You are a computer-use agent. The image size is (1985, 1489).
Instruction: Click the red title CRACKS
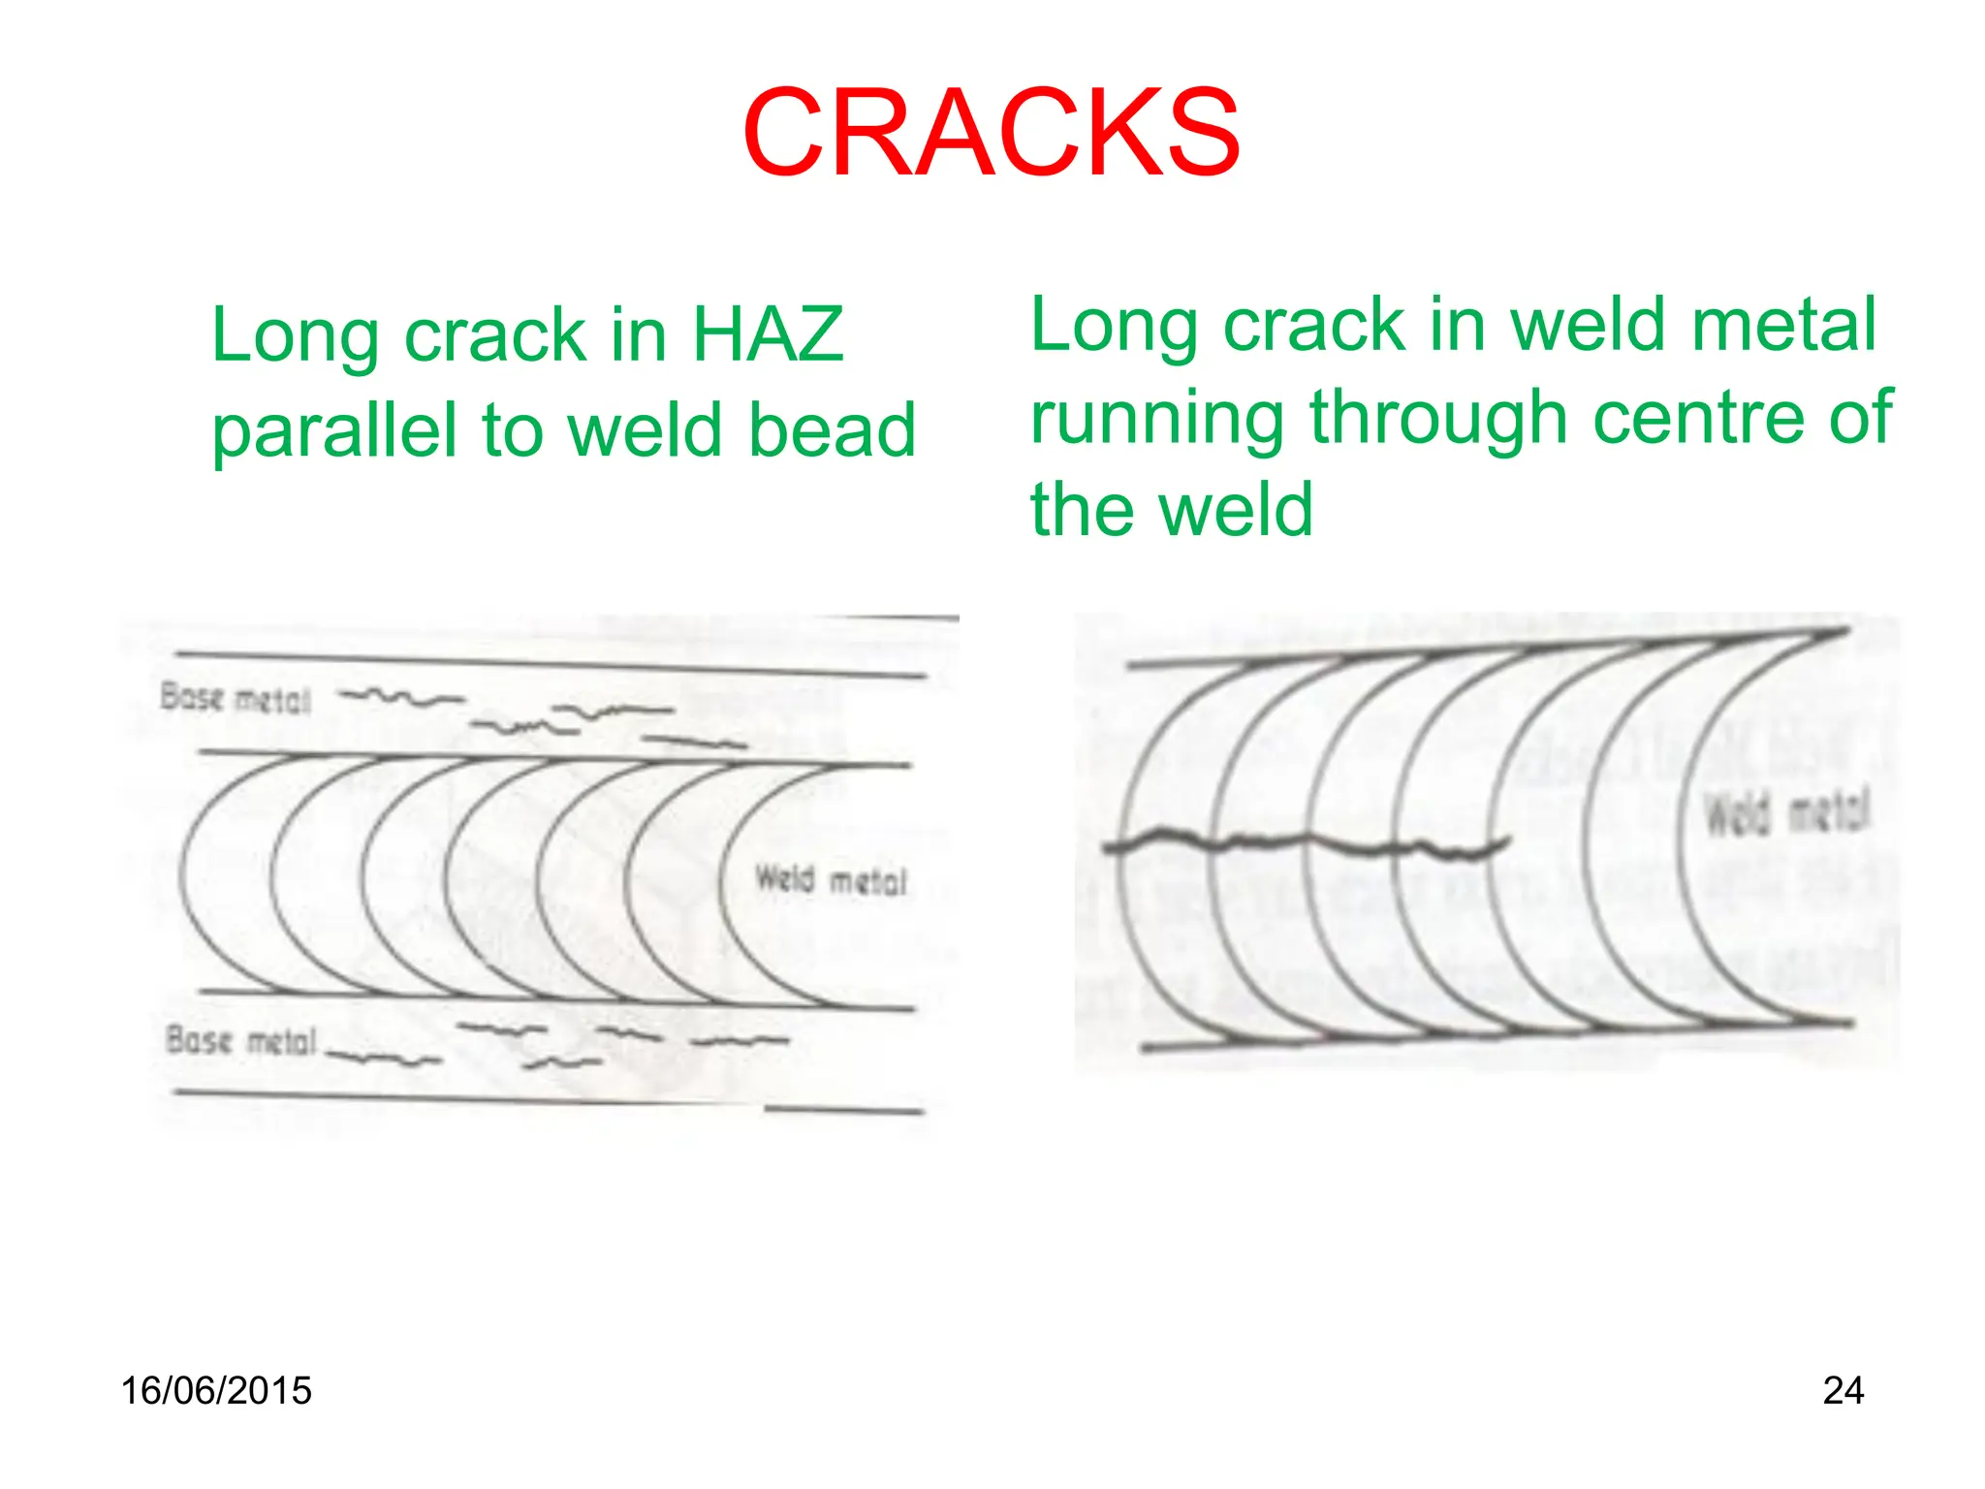coord(991,133)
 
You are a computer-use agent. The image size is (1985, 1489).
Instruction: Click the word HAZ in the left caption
coord(768,334)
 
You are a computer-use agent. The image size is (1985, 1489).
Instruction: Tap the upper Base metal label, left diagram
coord(236,698)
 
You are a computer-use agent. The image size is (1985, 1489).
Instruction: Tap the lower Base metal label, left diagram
coord(241,1041)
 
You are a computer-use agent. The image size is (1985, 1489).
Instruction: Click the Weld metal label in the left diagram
coord(831,880)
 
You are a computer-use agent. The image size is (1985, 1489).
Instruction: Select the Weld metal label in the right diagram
coord(1786,812)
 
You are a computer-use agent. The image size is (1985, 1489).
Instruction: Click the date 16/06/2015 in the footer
coord(216,1391)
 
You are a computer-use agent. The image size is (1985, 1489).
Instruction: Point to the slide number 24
coord(1843,1391)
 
